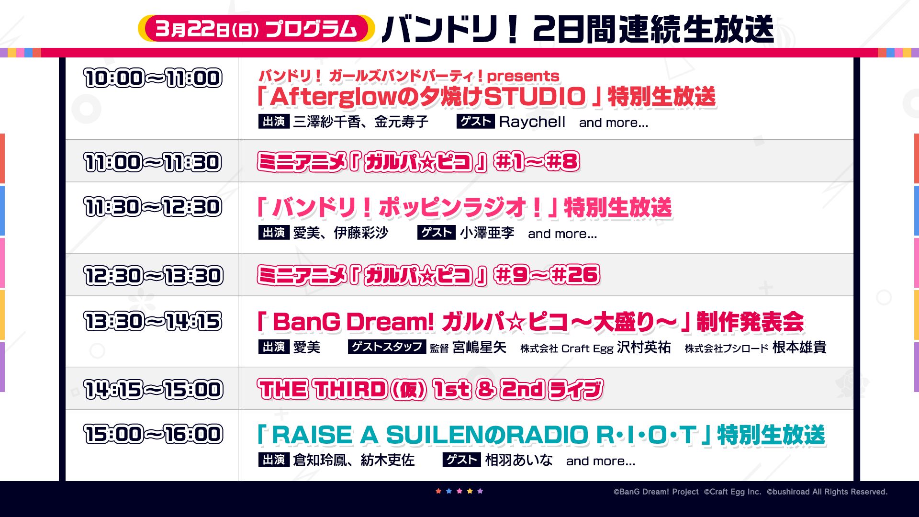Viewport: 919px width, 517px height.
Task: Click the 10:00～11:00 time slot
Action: coord(153,78)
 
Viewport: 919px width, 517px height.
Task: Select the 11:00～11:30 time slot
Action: coord(153,162)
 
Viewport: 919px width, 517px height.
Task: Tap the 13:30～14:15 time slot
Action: coord(153,321)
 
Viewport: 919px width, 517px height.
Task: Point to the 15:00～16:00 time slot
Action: coord(153,434)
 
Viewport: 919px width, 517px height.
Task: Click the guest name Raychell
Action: coord(532,122)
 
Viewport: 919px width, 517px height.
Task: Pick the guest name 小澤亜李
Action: coord(487,233)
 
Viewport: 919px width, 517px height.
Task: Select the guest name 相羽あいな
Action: coord(519,460)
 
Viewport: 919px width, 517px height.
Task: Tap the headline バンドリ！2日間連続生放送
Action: coord(578,29)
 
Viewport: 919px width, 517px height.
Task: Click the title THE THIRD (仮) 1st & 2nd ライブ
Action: coord(430,389)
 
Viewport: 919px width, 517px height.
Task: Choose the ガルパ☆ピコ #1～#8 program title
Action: coord(418,162)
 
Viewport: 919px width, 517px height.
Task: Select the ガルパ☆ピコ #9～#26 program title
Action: coord(428,275)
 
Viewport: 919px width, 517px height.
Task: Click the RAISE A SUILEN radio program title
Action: coord(541,435)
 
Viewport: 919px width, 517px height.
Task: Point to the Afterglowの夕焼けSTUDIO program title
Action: coord(486,97)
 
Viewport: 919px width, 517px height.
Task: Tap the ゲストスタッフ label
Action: coord(387,347)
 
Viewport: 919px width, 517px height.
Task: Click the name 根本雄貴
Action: coord(799,348)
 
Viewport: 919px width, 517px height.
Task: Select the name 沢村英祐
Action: coord(644,348)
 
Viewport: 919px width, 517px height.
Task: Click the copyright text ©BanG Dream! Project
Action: coord(656,492)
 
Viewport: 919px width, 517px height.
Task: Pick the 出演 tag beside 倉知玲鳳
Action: coord(274,460)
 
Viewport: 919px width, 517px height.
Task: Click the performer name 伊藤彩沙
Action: coord(361,233)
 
